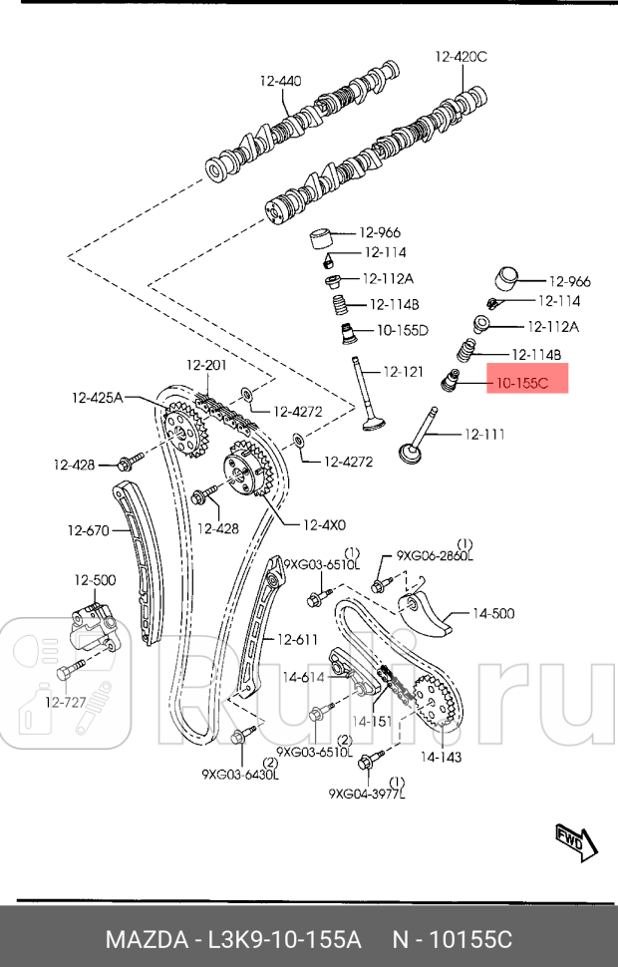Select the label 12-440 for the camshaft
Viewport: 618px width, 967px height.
point(280,81)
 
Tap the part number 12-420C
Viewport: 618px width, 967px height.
point(460,57)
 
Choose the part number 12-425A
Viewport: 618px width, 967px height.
point(97,398)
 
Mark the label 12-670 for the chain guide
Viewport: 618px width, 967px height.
point(88,530)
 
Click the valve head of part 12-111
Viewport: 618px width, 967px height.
point(410,454)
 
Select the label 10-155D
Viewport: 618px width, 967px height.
point(402,330)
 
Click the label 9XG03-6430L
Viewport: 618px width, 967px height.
point(240,773)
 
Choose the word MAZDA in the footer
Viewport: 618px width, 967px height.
point(149,939)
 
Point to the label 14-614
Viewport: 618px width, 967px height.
point(303,677)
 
